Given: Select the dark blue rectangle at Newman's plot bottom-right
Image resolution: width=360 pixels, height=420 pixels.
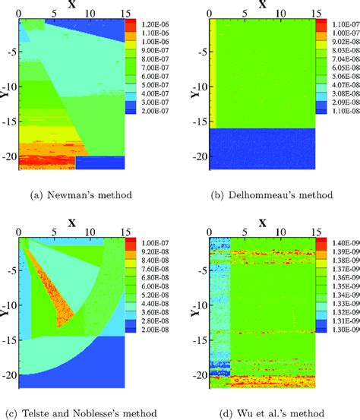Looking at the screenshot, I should click(108, 162).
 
